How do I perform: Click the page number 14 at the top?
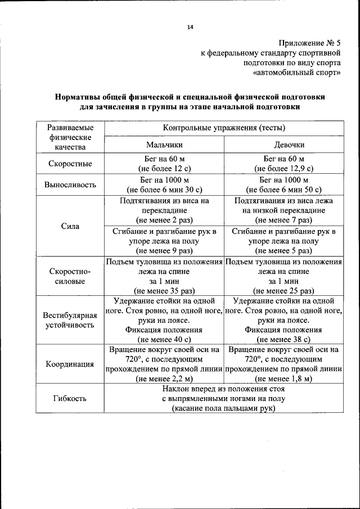190,27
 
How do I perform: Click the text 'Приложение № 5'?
309,43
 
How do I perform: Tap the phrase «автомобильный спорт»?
297,73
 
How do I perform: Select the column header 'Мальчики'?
164,144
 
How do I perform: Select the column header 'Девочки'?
283,144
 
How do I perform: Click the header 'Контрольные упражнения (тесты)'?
224,127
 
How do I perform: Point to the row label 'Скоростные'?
70,164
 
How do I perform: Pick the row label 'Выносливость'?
70,184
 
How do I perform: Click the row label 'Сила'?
70,226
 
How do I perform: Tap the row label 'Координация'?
70,364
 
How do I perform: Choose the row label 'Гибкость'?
70,399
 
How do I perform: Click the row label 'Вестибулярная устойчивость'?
70,320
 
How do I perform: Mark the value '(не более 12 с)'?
164,169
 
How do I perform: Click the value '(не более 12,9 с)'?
283,169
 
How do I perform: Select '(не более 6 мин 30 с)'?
164,190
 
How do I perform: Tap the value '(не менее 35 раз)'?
164,291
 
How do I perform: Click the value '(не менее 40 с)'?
164,340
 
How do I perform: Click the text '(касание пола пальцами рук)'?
224,409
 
